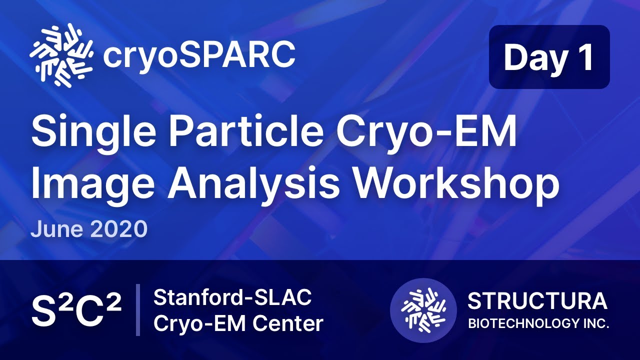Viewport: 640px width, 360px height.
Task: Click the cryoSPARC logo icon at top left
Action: click(x=61, y=55)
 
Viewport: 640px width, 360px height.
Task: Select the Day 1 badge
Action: click(x=549, y=57)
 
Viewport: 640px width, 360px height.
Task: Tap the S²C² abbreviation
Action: click(x=76, y=310)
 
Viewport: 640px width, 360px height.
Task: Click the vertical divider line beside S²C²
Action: click(x=137, y=310)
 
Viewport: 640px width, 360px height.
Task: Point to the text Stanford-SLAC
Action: click(x=232, y=298)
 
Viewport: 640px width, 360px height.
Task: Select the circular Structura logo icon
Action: click(x=423, y=310)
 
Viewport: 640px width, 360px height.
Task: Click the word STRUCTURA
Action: click(x=537, y=301)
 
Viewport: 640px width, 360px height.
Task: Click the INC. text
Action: click(x=596, y=323)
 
